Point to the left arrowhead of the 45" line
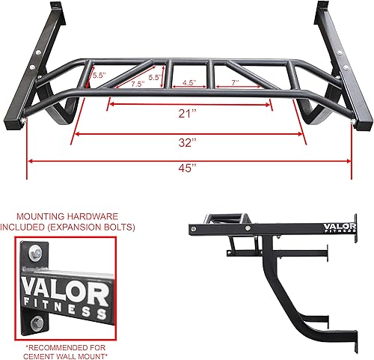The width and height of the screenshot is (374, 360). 31,159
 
